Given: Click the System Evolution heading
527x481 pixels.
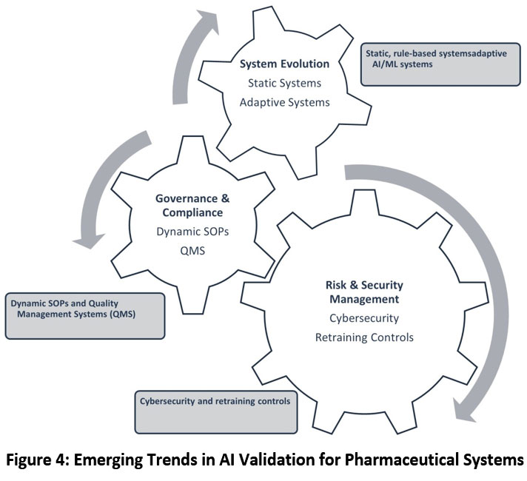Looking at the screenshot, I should click(284, 64).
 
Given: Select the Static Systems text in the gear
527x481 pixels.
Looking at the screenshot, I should click(284, 83).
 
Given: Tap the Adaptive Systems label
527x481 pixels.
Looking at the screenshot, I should click(284, 101).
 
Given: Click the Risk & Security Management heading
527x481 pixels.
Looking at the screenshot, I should click(363, 292).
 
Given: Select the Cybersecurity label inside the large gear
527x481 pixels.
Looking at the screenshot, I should click(363, 318).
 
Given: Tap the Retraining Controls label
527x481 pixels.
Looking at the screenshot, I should click(363, 337).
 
